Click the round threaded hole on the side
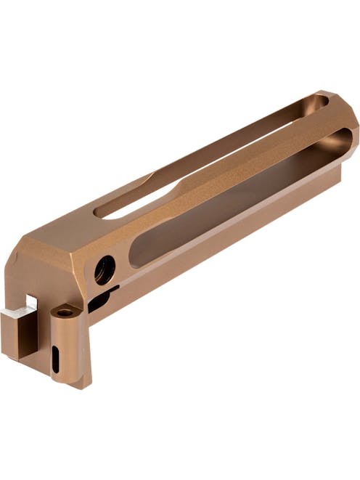[x=105, y=270]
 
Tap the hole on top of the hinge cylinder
[x=65, y=312]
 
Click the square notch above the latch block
[x=31, y=301]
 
